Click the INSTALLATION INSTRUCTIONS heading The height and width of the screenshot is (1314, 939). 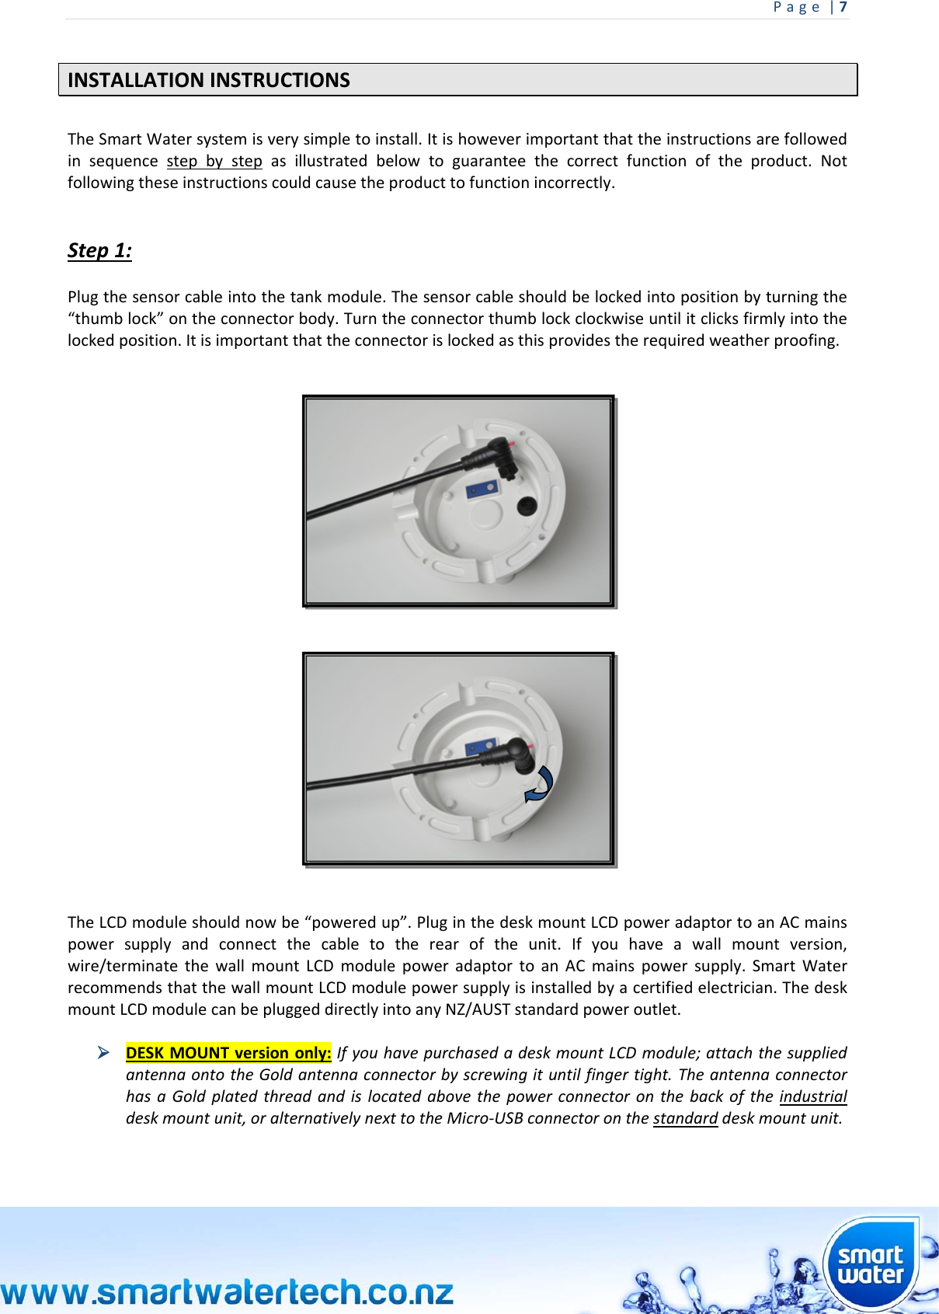[x=208, y=80]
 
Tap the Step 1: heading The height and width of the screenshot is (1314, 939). [x=99, y=250]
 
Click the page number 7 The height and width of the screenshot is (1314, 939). [x=843, y=8]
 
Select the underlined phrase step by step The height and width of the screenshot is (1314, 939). [x=214, y=161]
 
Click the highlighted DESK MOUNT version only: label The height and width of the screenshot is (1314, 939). [x=228, y=1053]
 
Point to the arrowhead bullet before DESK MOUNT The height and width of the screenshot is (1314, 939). [x=103, y=1053]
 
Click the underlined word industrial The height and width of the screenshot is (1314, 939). [x=812, y=1096]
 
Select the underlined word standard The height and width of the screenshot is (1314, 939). [x=685, y=1118]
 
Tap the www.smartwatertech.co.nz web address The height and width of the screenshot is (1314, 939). [x=227, y=1292]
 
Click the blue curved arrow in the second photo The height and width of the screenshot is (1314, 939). [x=539, y=784]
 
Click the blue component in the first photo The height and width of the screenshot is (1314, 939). [x=482, y=490]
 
